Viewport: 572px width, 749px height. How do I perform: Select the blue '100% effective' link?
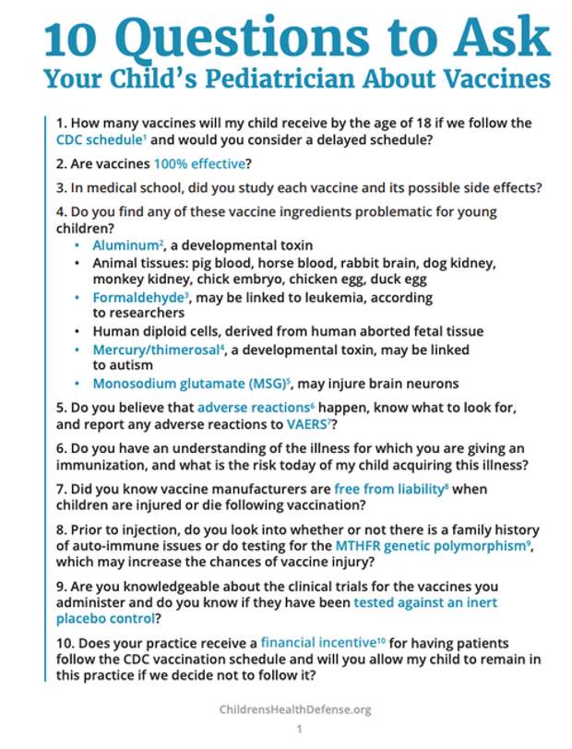point(194,164)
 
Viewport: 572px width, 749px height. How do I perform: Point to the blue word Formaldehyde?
point(137,297)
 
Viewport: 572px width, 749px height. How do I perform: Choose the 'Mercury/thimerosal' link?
point(153,350)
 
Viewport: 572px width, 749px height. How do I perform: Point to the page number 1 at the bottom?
point(299,730)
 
